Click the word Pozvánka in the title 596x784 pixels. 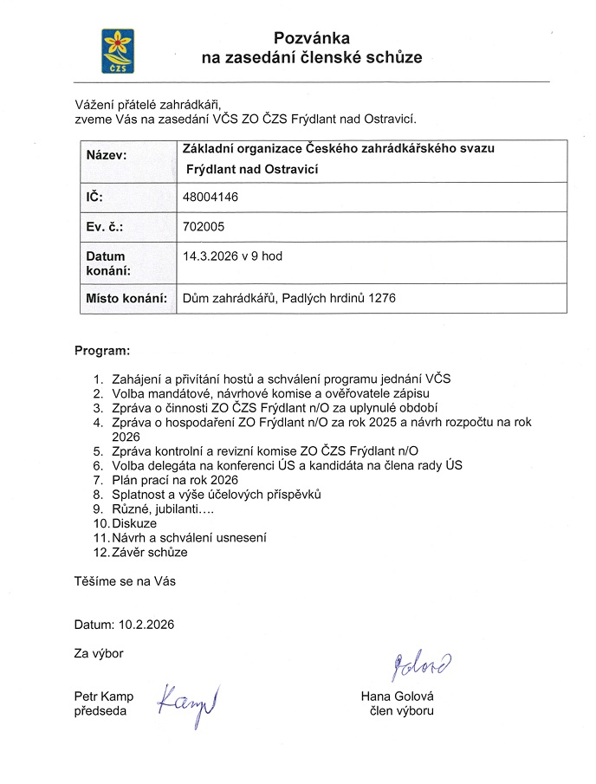pyautogui.click(x=311, y=38)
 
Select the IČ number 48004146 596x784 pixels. pyautogui.click(x=211, y=198)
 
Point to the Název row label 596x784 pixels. pyautogui.click(x=107, y=155)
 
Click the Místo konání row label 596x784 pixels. pyautogui.click(x=126, y=299)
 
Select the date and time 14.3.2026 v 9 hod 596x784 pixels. pyautogui.click(x=233, y=256)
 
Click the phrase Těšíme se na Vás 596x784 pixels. pyautogui.click(x=125, y=580)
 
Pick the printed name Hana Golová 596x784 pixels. pyautogui.click(x=398, y=697)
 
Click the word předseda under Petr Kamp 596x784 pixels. pyautogui.click(x=100, y=710)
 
